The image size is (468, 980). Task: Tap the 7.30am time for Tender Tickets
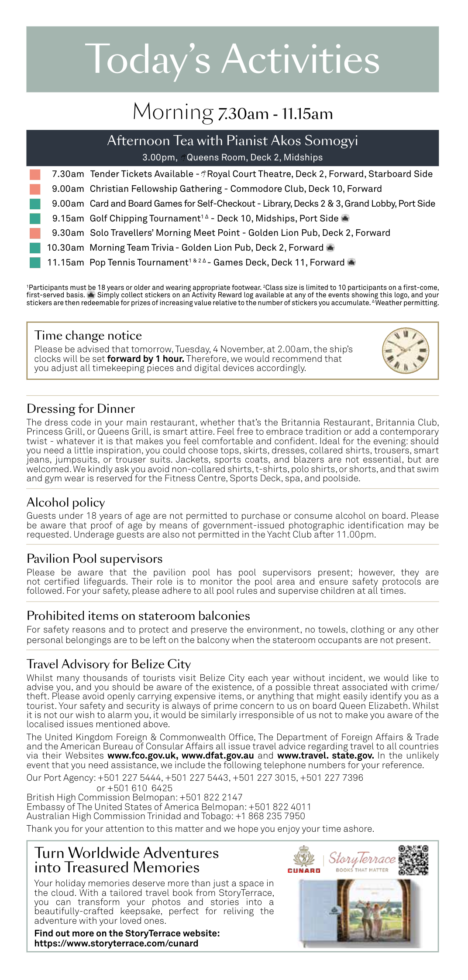coord(68,174)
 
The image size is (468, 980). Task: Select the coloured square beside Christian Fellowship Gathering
coord(35,189)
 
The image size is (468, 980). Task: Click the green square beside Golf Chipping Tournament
coord(35,218)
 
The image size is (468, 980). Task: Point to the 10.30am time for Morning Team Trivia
coord(65,248)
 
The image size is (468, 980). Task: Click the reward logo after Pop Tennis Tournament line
coord(351,262)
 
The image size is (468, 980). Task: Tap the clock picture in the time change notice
coord(405,350)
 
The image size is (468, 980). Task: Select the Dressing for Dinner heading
coord(81,408)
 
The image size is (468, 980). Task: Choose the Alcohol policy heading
coord(66,502)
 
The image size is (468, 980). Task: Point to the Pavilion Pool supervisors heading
coord(94,558)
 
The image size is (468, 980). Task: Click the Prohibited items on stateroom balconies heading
coord(138,616)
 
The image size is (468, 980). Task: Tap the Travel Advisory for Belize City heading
coord(109,664)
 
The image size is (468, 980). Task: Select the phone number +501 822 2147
coord(211,797)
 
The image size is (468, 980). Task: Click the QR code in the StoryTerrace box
coord(413,860)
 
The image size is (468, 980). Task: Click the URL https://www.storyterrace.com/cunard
coord(116,943)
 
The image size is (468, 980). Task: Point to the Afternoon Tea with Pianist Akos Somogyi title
coord(232,140)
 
